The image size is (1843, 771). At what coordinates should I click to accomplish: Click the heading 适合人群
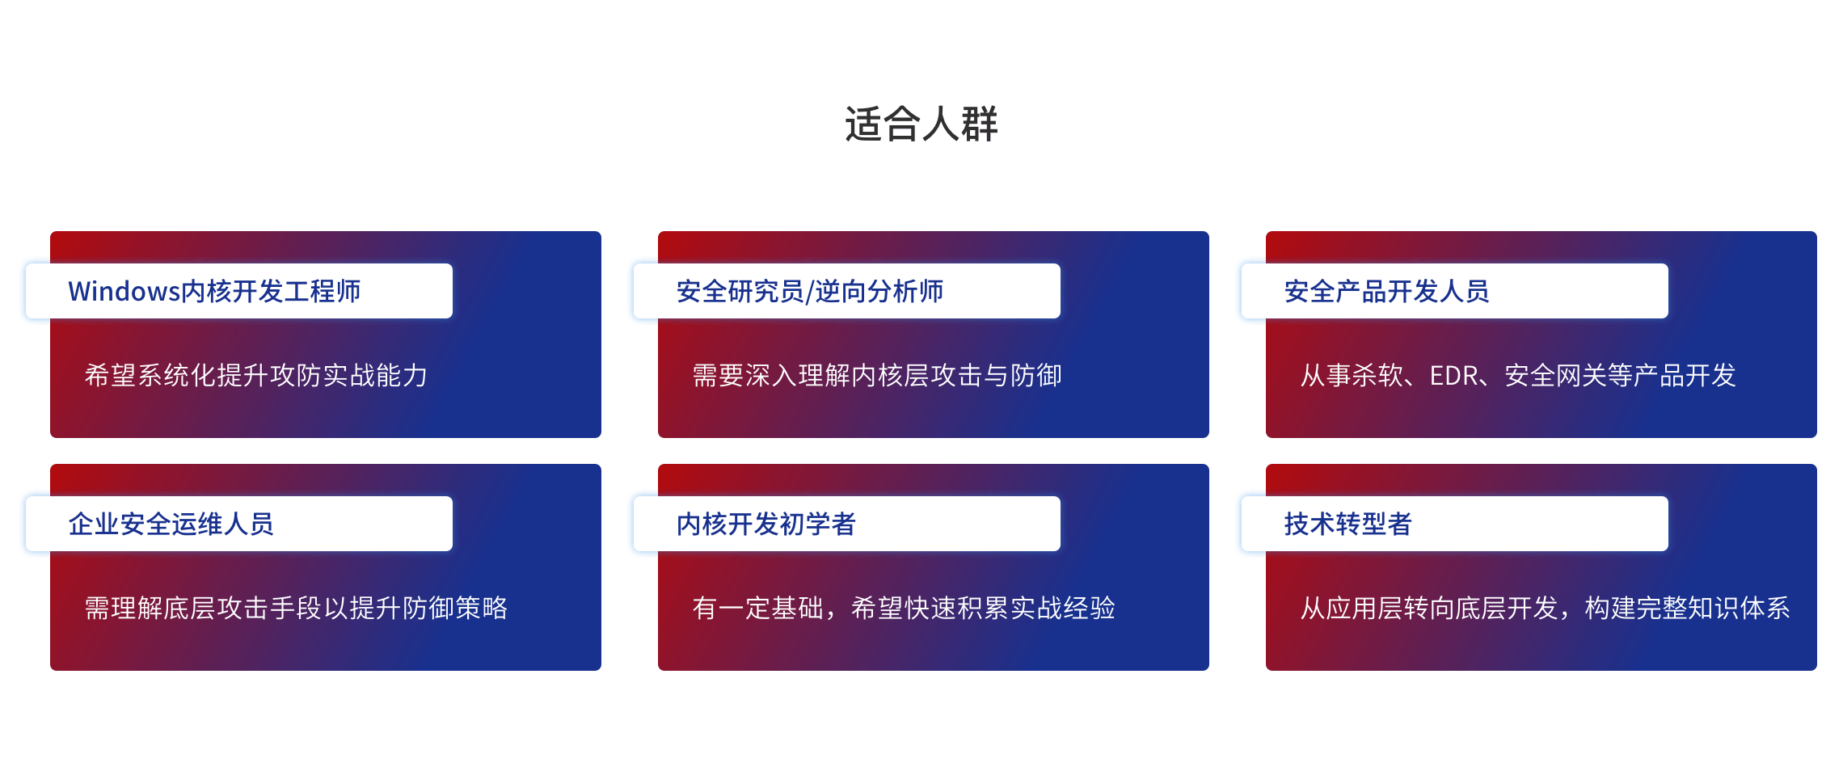tap(921, 124)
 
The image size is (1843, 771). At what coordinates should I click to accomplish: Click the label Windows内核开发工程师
tap(214, 291)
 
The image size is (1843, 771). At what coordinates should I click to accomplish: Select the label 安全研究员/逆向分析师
tap(810, 291)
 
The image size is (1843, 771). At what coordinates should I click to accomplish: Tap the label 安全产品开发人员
tap(1386, 291)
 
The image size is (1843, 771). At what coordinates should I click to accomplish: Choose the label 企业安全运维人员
tap(171, 524)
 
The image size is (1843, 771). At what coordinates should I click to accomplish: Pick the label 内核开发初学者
tap(765, 524)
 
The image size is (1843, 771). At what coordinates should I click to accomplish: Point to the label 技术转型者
tap(1347, 524)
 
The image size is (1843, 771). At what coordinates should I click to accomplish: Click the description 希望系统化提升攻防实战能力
tap(255, 375)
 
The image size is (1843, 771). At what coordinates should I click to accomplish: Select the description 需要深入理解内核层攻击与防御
tap(877, 375)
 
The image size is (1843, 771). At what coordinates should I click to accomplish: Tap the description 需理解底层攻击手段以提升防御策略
tap(296, 608)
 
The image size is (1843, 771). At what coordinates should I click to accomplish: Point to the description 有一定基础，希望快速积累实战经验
tap(904, 608)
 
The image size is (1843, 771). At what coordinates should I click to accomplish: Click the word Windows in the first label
tap(124, 291)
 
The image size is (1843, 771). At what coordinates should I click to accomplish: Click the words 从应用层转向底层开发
tap(1429, 608)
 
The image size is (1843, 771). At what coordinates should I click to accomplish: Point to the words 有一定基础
tap(757, 608)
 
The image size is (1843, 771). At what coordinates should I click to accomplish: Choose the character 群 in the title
tap(980, 124)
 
